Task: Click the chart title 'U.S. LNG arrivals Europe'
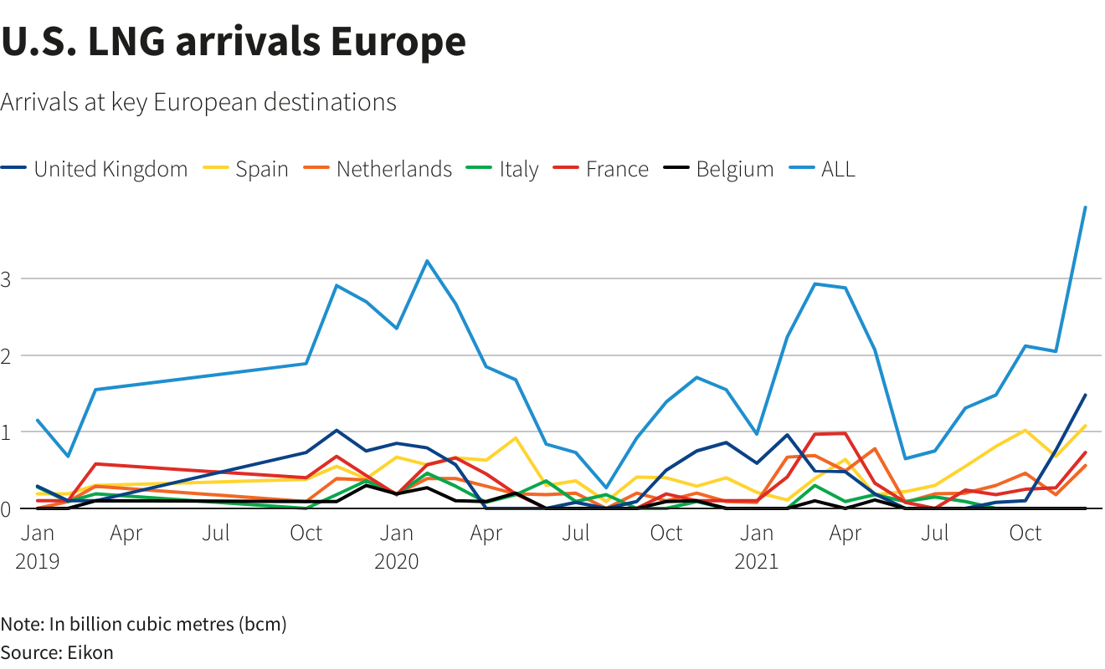click(233, 42)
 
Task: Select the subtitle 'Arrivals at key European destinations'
click(198, 102)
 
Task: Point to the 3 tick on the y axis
click(7, 278)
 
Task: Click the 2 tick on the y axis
click(7, 355)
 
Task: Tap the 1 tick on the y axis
click(7, 432)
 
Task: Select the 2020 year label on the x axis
click(396, 560)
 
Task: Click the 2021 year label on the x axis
click(757, 560)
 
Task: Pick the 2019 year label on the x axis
click(37, 560)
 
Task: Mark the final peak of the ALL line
click(1085, 207)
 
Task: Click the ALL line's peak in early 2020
click(427, 261)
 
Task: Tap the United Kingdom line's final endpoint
click(1085, 395)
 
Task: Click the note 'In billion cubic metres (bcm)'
click(143, 624)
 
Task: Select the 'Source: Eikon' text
click(57, 652)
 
